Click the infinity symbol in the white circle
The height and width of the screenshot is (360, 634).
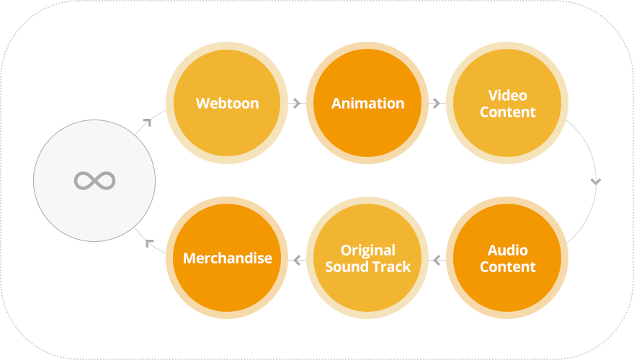coord(94,181)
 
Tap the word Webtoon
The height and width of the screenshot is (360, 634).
coord(227,103)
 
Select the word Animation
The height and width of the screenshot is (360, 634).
coord(367,103)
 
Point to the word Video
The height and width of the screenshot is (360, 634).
coord(508,95)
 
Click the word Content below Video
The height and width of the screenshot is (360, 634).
coord(508,112)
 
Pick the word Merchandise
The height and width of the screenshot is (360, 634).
coord(227,258)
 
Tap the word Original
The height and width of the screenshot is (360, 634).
coord(367,250)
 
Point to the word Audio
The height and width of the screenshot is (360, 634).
coord(508,250)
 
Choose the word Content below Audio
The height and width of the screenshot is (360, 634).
coord(508,266)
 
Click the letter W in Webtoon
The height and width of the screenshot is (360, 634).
coord(202,103)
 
